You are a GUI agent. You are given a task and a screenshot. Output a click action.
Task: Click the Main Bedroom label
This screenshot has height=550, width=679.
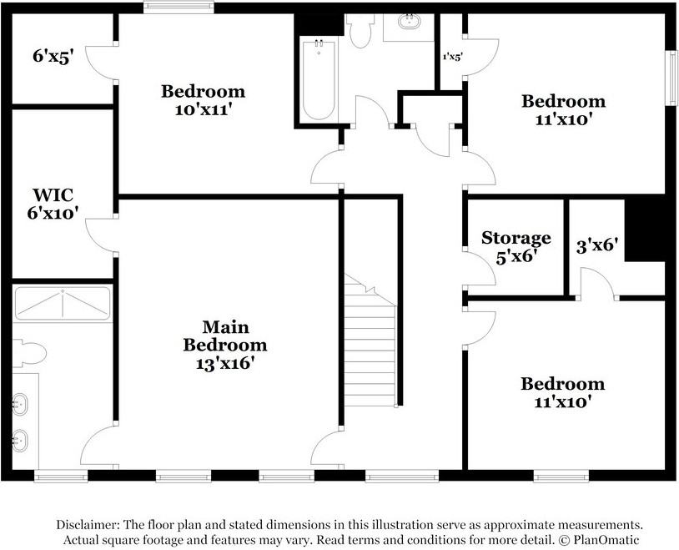click(225, 336)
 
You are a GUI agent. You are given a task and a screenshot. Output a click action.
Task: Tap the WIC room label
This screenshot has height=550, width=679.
click(53, 195)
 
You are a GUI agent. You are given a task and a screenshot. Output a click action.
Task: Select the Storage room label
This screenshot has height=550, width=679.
click(516, 239)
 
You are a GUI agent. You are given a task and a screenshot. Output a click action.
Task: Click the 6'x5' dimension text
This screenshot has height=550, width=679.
click(53, 58)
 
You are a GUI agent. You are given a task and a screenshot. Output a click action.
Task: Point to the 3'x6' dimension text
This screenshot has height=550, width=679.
click(597, 246)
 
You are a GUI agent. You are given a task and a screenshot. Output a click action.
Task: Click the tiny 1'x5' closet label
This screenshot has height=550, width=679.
click(452, 57)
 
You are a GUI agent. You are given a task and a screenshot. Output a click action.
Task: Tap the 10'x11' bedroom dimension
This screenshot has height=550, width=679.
click(204, 109)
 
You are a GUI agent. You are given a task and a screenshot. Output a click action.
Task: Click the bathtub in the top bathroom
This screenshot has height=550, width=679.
click(318, 80)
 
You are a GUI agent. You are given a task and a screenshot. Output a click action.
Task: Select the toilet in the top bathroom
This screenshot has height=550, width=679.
click(361, 32)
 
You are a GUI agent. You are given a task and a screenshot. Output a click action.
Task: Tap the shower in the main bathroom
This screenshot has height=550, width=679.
click(63, 304)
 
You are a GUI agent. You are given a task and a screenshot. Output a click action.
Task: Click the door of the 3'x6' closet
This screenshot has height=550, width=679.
click(596, 284)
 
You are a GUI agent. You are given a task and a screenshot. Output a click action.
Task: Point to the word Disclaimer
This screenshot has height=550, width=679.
click(88, 525)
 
